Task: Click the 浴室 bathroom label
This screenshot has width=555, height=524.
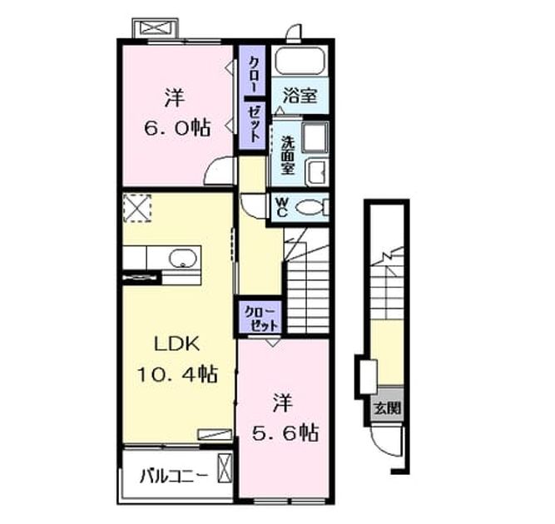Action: click(x=300, y=96)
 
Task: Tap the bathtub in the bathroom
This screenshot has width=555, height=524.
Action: click(x=300, y=61)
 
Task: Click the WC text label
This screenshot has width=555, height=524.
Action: click(x=282, y=208)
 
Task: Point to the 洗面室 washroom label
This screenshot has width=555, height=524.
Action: click(x=287, y=156)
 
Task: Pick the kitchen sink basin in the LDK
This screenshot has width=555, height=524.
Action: click(x=182, y=258)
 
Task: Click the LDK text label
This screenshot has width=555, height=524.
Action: click(x=177, y=344)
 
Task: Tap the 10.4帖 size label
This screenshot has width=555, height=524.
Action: click(x=177, y=374)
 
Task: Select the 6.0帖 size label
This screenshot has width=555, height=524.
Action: click(x=177, y=128)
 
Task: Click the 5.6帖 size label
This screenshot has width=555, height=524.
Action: click(x=285, y=433)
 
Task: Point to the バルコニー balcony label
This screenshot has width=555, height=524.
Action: click(x=174, y=477)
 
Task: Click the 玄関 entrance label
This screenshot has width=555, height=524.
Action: click(x=388, y=408)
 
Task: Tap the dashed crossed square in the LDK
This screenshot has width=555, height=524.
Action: click(x=137, y=208)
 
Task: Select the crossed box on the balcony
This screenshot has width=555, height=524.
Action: click(x=225, y=468)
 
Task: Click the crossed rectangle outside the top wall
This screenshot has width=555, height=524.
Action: click(x=156, y=28)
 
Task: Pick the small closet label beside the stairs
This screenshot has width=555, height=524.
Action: click(x=260, y=318)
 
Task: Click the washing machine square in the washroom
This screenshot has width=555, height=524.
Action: click(x=315, y=138)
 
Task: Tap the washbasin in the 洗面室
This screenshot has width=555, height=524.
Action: click(x=317, y=173)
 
